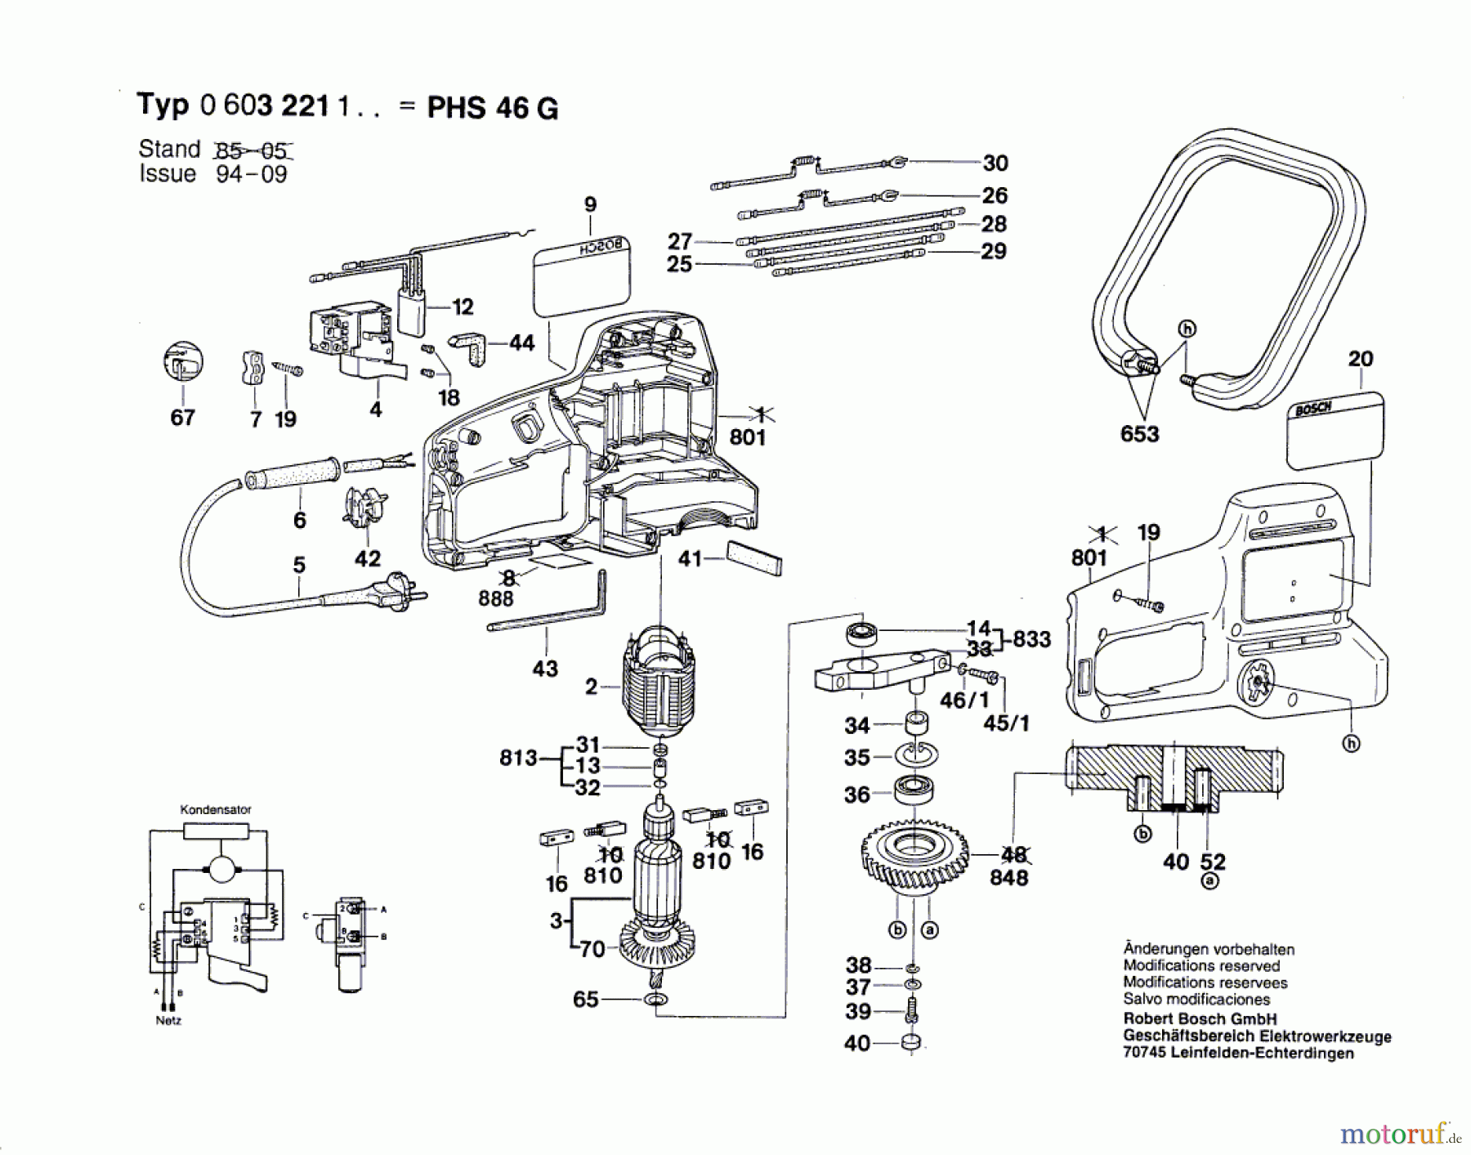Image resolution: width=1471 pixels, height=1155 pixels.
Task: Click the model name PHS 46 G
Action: [x=493, y=108]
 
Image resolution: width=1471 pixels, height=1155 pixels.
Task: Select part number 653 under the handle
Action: [x=1139, y=433]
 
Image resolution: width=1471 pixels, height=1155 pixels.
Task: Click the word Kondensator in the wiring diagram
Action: [x=216, y=809]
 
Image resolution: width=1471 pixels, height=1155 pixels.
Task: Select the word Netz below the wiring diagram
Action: [x=168, y=1020]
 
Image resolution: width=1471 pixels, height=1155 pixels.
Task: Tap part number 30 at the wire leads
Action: [x=995, y=163]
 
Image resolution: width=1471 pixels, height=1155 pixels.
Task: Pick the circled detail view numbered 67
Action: [x=183, y=362]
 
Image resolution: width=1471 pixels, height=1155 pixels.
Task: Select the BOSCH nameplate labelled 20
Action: [x=1335, y=431]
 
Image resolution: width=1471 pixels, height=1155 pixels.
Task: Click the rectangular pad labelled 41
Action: [x=754, y=559]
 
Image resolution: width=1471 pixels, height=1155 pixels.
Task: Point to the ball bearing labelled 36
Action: [x=914, y=790]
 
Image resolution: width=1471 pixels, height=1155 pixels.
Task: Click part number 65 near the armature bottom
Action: [x=585, y=999]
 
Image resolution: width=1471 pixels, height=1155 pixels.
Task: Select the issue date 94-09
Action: [x=251, y=174]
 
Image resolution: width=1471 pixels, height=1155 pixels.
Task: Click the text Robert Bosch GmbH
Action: [x=1199, y=1018]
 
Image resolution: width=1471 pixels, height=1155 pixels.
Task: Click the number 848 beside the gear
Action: [x=1008, y=877]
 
